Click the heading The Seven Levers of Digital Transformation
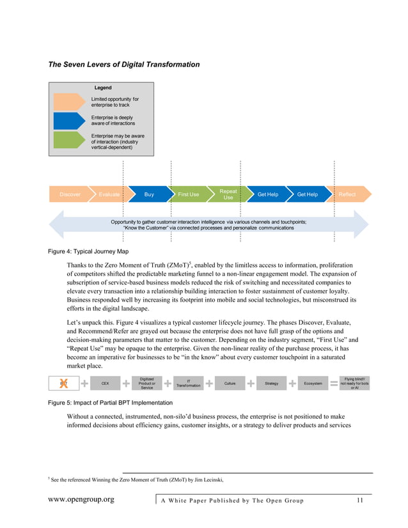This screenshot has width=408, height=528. [x=124, y=65]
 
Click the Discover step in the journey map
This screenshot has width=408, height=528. [x=70, y=194]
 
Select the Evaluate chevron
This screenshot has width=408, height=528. [x=109, y=194]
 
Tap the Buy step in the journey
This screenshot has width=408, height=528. [x=149, y=194]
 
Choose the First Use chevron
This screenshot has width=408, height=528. [x=188, y=194]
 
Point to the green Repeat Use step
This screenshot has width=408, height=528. [x=228, y=194]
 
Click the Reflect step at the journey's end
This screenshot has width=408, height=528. [x=347, y=194]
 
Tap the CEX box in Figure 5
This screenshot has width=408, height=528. [x=105, y=384]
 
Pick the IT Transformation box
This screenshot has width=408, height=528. [x=187, y=384]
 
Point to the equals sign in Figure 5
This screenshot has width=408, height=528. [x=334, y=384]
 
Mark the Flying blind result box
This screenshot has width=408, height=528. [x=354, y=384]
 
